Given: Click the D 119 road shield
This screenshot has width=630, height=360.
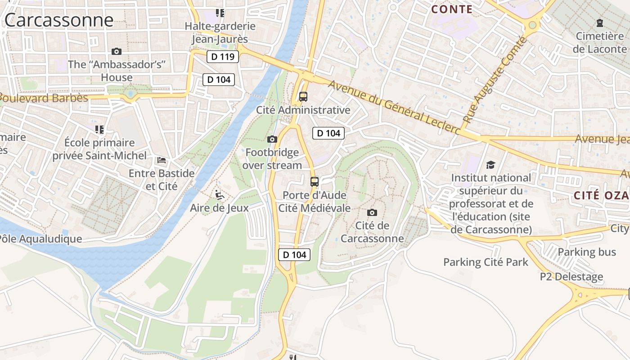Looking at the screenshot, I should point(223,57).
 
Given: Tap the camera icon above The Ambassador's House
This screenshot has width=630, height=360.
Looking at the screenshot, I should point(117,51).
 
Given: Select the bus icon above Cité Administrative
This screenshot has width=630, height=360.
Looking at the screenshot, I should point(303,96).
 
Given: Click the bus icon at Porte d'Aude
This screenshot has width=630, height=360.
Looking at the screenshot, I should point(315,182).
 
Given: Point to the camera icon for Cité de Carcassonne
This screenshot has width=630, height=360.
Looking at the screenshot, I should point(372,212).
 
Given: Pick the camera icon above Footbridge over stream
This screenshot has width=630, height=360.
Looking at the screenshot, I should point(272,139).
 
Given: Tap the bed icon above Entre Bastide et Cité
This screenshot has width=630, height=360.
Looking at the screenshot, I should point(162,160).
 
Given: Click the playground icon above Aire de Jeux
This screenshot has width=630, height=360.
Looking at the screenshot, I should point(220,195).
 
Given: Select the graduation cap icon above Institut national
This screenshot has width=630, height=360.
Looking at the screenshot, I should point(490,165).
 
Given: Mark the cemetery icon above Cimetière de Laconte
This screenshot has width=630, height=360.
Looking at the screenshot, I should point(600,22).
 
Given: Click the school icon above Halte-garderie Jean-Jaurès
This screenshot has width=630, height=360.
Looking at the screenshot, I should point(220,13).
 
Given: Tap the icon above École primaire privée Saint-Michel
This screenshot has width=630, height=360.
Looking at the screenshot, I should point(99,130).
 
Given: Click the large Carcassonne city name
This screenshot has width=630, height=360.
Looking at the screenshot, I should point(58,20).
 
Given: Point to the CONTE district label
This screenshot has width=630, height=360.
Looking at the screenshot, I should point(452,9).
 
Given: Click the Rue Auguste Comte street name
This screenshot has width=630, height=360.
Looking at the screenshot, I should point(495,80).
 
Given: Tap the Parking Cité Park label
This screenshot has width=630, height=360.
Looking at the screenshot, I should point(486,262).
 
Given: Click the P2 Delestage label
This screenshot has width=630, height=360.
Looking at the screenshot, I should point(571,276).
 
